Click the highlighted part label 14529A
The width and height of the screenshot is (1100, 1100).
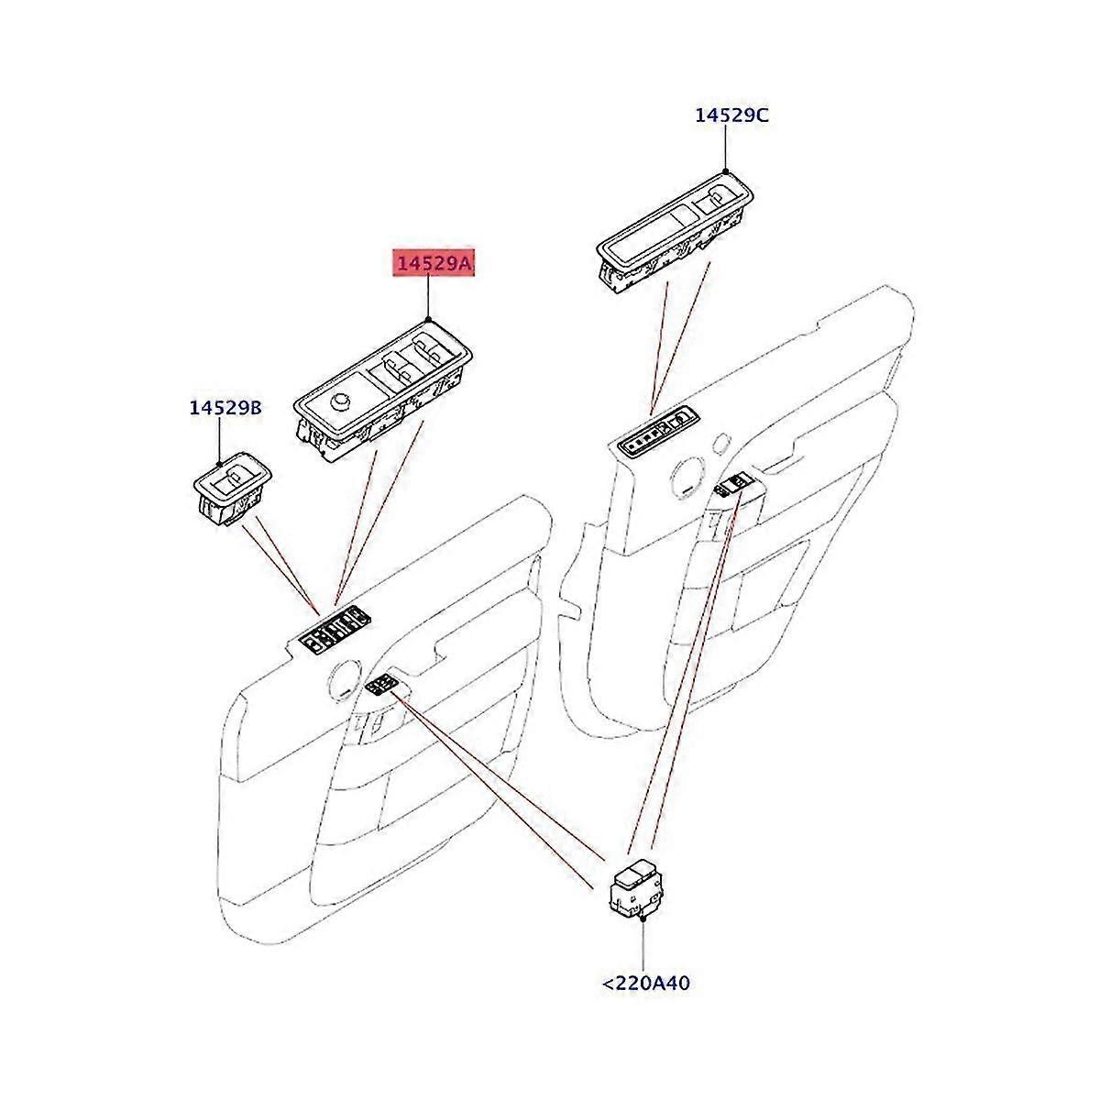[x=434, y=264]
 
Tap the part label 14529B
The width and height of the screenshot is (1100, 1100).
[x=225, y=408]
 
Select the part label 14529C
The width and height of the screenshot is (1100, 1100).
[x=731, y=115]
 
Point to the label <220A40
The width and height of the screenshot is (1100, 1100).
[x=645, y=984]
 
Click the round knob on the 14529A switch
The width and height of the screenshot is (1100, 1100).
[x=341, y=401]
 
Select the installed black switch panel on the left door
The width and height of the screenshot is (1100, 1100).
[x=335, y=629]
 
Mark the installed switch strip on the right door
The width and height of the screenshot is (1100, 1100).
[x=656, y=433]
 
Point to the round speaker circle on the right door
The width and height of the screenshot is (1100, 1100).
[x=687, y=477]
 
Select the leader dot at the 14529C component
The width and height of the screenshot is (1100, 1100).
[x=725, y=170]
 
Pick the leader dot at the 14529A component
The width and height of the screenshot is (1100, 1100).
[x=429, y=317]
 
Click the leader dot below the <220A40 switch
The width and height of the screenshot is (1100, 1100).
[x=644, y=918]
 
